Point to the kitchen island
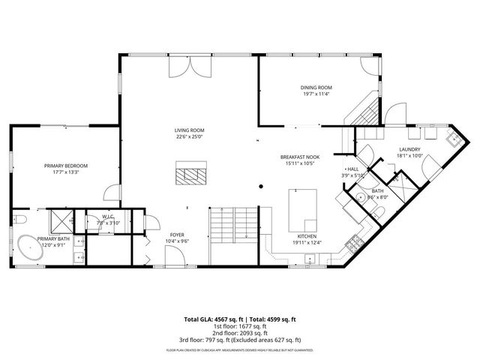point(303,211)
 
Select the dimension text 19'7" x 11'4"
point(316,94)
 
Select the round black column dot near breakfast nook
point(261,187)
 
